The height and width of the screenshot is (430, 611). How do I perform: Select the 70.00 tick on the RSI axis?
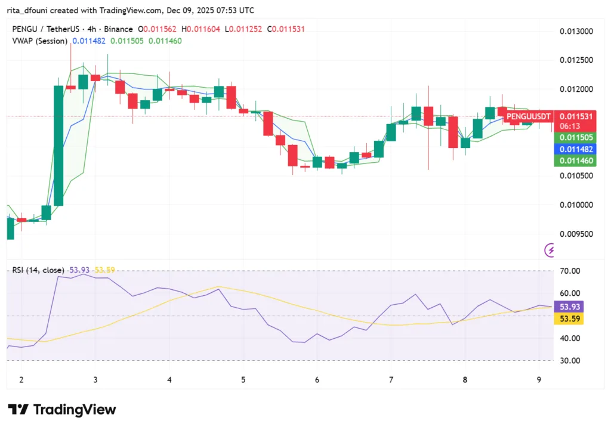(x=570, y=271)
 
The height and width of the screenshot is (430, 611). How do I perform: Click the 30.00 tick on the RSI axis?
(x=570, y=360)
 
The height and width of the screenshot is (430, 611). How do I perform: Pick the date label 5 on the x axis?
(x=243, y=379)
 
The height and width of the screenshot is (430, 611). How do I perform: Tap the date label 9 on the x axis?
(x=539, y=379)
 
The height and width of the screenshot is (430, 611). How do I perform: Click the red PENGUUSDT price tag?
(x=529, y=116)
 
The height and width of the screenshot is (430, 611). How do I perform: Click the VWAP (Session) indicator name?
(x=39, y=41)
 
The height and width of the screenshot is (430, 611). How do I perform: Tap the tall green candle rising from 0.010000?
(x=58, y=146)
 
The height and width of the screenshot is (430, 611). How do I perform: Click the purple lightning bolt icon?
(x=550, y=250)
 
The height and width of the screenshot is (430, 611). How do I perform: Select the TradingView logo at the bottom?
(x=62, y=410)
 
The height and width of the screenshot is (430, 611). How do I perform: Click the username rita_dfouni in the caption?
(x=29, y=10)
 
